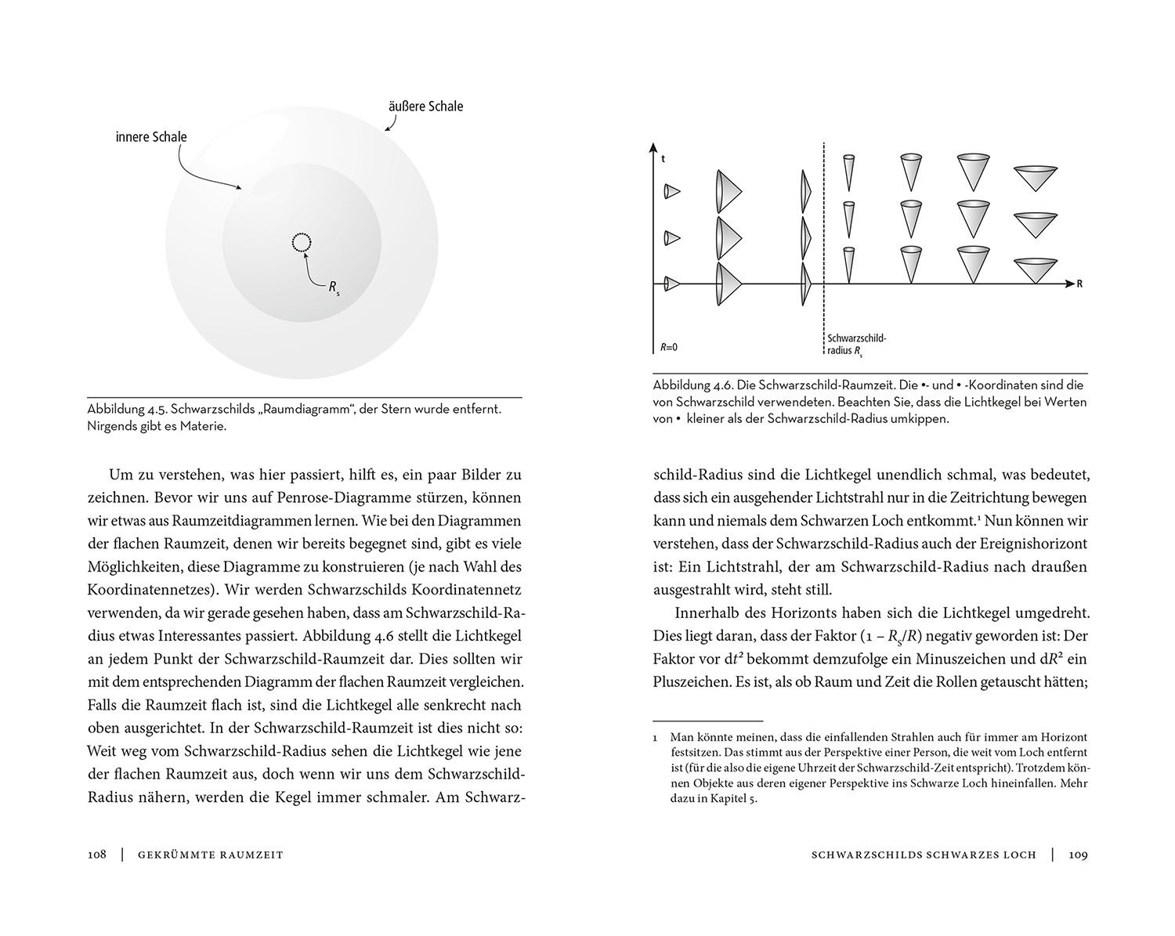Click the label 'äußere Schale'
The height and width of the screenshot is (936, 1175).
click(425, 106)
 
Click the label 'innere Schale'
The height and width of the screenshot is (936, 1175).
click(151, 137)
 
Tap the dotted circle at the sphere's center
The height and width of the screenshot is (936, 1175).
click(302, 243)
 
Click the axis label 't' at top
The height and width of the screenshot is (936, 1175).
click(663, 158)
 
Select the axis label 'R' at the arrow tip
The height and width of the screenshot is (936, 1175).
click(1079, 284)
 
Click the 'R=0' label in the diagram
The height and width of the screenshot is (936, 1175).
click(668, 346)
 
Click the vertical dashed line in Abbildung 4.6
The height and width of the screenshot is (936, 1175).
click(823, 235)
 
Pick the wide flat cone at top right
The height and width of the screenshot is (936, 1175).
click(1036, 179)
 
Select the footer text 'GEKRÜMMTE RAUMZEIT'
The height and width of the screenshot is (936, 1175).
click(210, 855)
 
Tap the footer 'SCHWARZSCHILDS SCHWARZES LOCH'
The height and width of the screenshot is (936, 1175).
click(924, 855)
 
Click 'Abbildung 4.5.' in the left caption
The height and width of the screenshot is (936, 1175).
click(125, 410)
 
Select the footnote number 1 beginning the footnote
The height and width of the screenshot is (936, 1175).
click(656, 738)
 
